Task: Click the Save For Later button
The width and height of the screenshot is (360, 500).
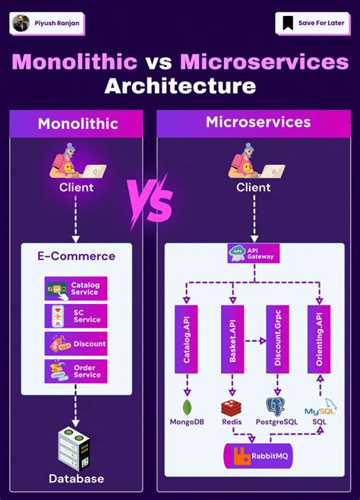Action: point(311,23)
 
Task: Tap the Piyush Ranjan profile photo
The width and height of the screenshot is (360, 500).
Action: point(21,23)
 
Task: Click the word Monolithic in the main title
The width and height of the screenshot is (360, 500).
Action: point(74,62)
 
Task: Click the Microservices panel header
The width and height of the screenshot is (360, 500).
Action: point(257,122)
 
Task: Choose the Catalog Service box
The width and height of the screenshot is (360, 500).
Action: point(76,289)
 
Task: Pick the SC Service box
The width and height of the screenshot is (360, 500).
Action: point(76,316)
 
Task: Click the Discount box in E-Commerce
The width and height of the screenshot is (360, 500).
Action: point(76,343)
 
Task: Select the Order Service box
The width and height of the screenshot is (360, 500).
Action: point(76,371)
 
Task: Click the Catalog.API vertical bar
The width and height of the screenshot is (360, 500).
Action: point(186,339)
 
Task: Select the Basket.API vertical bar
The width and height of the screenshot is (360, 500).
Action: point(232,339)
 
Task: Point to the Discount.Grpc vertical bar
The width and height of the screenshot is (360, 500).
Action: point(277,339)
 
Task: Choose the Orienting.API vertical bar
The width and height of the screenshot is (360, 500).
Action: point(320,339)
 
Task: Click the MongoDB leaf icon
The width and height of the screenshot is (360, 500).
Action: point(185,407)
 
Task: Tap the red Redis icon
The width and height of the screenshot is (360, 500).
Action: point(231,407)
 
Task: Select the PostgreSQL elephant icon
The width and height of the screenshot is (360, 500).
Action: point(276,406)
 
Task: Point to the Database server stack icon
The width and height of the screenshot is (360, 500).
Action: point(76,450)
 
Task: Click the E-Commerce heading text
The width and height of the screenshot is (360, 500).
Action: point(76,256)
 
